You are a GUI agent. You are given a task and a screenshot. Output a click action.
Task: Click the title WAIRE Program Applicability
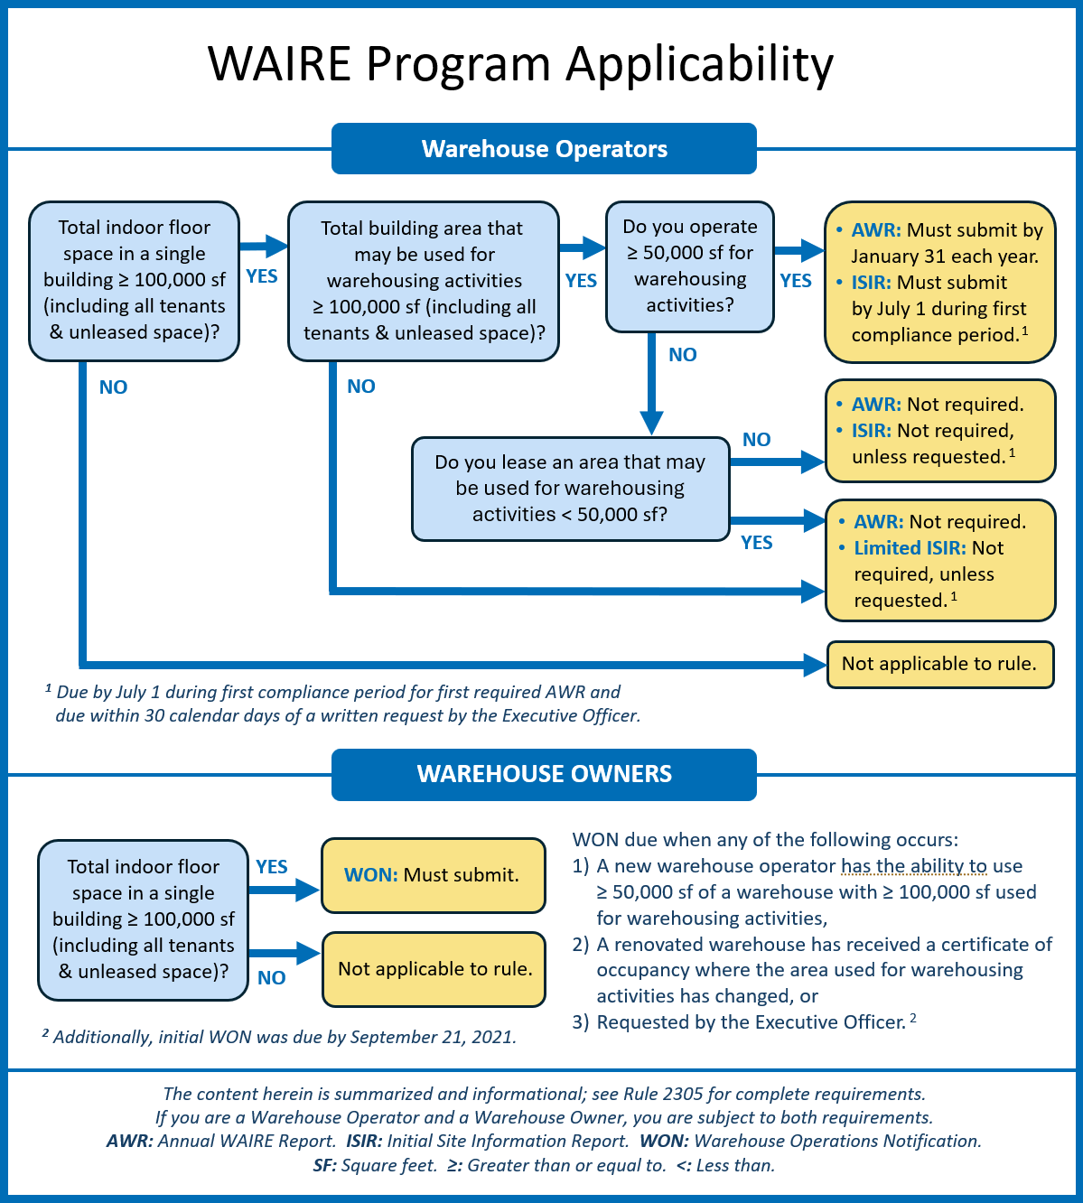tap(520, 64)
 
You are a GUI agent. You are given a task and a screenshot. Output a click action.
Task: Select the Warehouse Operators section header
tap(544, 149)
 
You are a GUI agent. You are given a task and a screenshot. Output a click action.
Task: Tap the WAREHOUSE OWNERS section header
tap(544, 774)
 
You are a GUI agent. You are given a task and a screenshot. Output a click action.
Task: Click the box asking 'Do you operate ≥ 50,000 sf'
tap(689, 266)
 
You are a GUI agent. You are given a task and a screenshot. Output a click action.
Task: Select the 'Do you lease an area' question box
tap(570, 489)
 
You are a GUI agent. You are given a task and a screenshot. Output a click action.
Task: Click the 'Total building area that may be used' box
tap(423, 281)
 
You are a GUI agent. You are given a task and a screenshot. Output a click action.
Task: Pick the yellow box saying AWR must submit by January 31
tap(939, 282)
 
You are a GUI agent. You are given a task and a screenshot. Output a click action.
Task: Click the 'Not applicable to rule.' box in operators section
tap(939, 664)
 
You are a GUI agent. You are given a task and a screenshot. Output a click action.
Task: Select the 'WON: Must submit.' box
tap(434, 875)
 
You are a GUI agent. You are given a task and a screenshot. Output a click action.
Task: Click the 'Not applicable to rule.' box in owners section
tap(434, 969)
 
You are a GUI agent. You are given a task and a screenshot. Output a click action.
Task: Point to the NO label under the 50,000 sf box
tap(682, 355)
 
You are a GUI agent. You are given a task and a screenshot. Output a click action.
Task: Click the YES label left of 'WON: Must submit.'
tap(271, 867)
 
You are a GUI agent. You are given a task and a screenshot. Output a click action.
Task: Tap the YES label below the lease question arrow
tap(756, 543)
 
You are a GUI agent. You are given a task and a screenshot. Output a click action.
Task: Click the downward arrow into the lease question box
tap(651, 421)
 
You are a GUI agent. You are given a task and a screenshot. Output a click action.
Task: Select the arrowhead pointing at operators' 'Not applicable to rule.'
tap(816, 666)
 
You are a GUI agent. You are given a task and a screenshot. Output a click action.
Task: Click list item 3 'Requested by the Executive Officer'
tap(750, 1022)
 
